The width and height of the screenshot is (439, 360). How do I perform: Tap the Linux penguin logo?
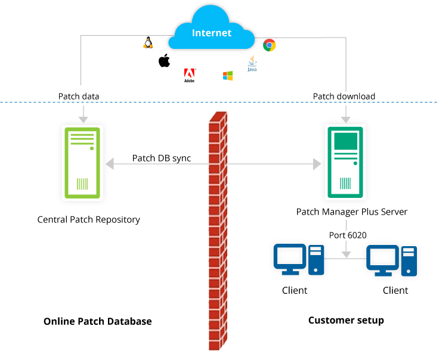pyautogui.click(x=148, y=42)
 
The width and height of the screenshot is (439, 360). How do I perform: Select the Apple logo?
pyautogui.click(x=164, y=60)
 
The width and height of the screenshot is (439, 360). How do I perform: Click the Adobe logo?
pyautogui.click(x=190, y=76)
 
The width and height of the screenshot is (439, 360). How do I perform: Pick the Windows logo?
pyautogui.click(x=228, y=76)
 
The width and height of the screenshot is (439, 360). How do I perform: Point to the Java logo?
pyautogui.click(x=252, y=64)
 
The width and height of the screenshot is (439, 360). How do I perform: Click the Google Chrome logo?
pyautogui.click(x=270, y=45)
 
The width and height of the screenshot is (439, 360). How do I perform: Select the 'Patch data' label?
pyautogui.click(x=79, y=96)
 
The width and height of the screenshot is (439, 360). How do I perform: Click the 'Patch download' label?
pyautogui.click(x=344, y=96)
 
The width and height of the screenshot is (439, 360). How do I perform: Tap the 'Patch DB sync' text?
pyautogui.click(x=162, y=158)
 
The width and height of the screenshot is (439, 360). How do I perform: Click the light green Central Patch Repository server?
pyautogui.click(x=82, y=162)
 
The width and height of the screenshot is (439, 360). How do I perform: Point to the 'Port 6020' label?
pyautogui.click(x=348, y=235)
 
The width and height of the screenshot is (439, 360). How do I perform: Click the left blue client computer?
pyautogui.click(x=298, y=260)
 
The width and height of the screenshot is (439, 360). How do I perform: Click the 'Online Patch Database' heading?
pyautogui.click(x=98, y=321)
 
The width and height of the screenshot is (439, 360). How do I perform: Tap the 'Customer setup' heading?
pyautogui.click(x=346, y=321)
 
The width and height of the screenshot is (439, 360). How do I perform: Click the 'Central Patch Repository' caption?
pyautogui.click(x=88, y=219)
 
